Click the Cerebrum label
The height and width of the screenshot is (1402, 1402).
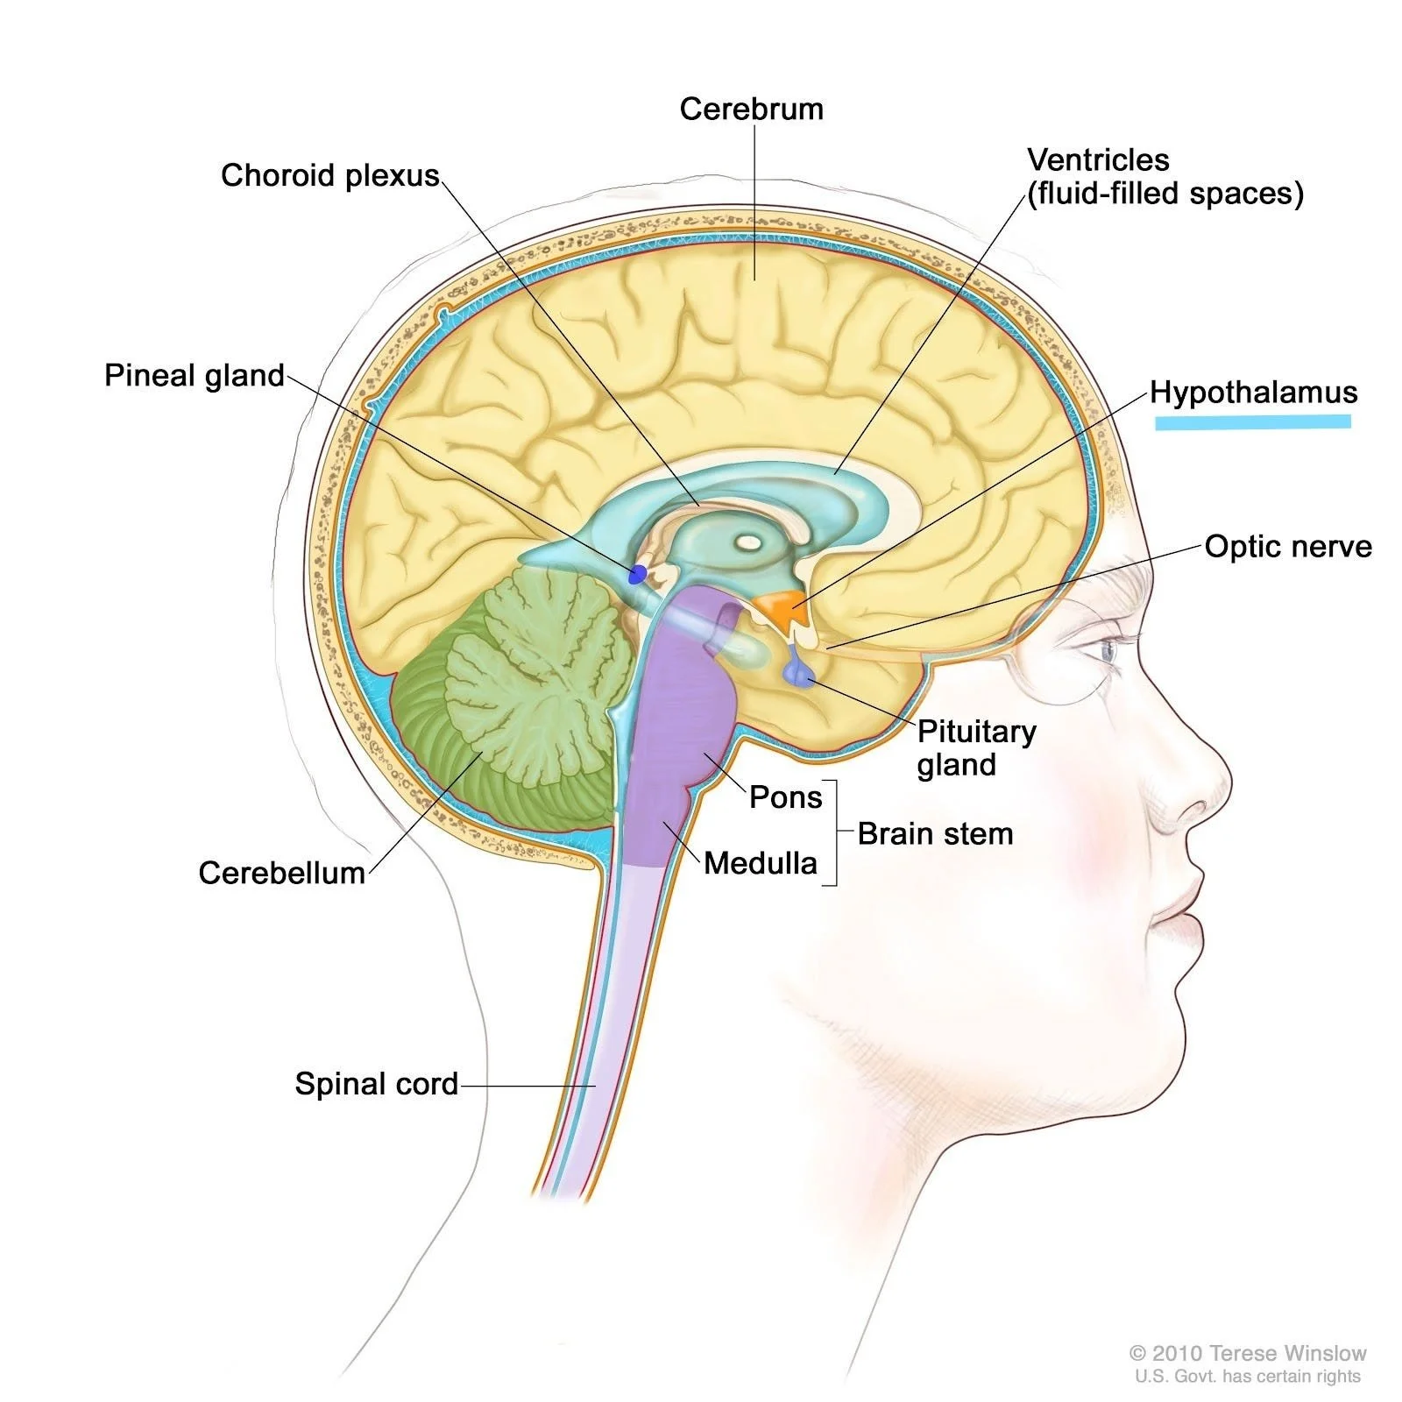751,110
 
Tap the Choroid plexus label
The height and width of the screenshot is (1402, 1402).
329,175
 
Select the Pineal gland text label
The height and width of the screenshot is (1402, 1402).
195,375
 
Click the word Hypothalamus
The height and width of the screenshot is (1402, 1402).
1253,392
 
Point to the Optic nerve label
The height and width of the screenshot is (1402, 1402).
1287,546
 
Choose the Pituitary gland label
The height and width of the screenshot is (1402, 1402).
975,747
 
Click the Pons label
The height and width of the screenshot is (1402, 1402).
785,797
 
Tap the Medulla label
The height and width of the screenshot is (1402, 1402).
760,863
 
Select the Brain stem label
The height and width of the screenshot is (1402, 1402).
935,833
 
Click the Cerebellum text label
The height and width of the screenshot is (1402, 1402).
281,873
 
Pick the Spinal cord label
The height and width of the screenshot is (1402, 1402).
376,1084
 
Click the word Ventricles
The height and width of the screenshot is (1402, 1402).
1098,159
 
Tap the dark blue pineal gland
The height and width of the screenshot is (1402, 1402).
637,575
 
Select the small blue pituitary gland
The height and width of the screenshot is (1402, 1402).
799,673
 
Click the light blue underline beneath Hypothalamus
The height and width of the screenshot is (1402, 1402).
1252,422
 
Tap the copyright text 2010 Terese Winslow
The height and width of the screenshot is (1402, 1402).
1248,1354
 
